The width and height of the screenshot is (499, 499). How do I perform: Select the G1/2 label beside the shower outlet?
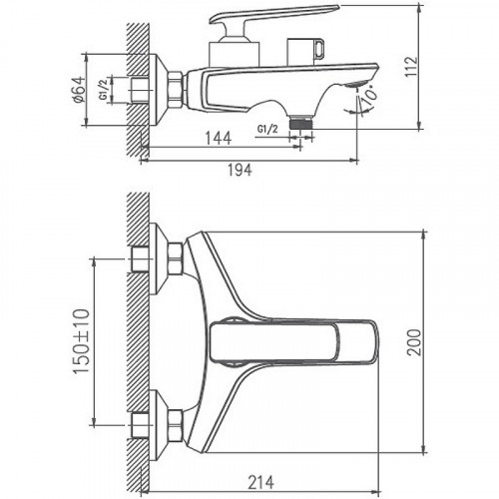point(267,129)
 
